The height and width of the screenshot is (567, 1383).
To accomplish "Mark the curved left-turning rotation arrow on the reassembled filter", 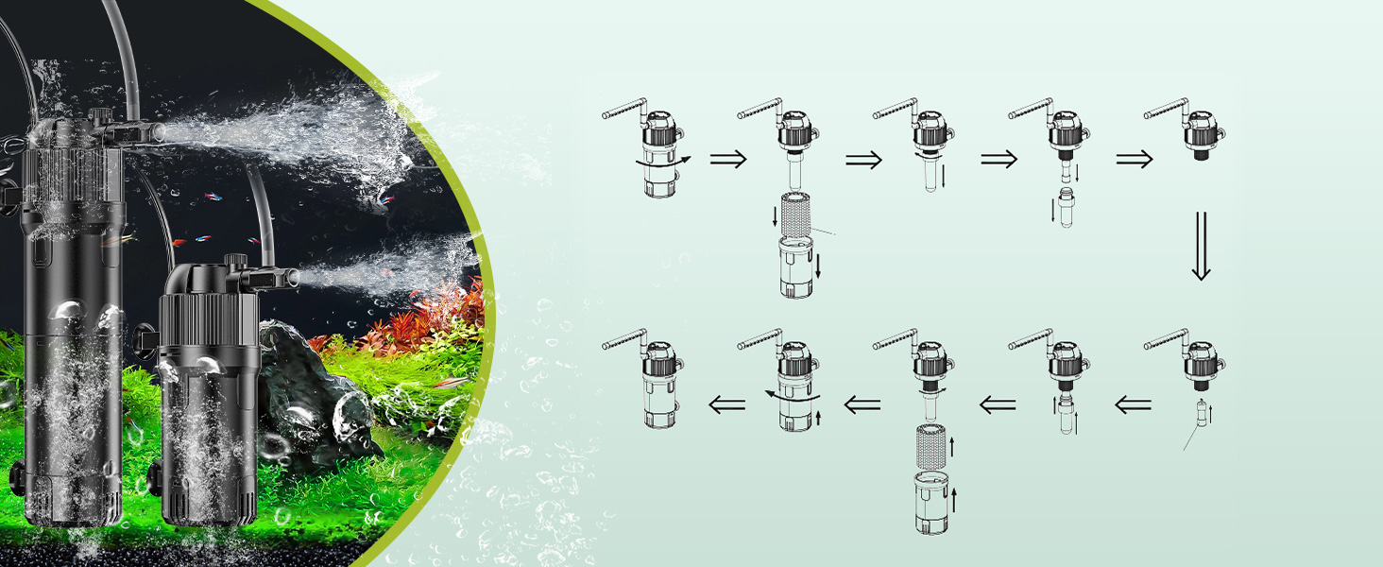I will (792, 397).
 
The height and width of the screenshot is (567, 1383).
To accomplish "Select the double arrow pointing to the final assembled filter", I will (727, 405).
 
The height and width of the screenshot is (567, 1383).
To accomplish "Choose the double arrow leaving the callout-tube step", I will (1133, 405).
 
